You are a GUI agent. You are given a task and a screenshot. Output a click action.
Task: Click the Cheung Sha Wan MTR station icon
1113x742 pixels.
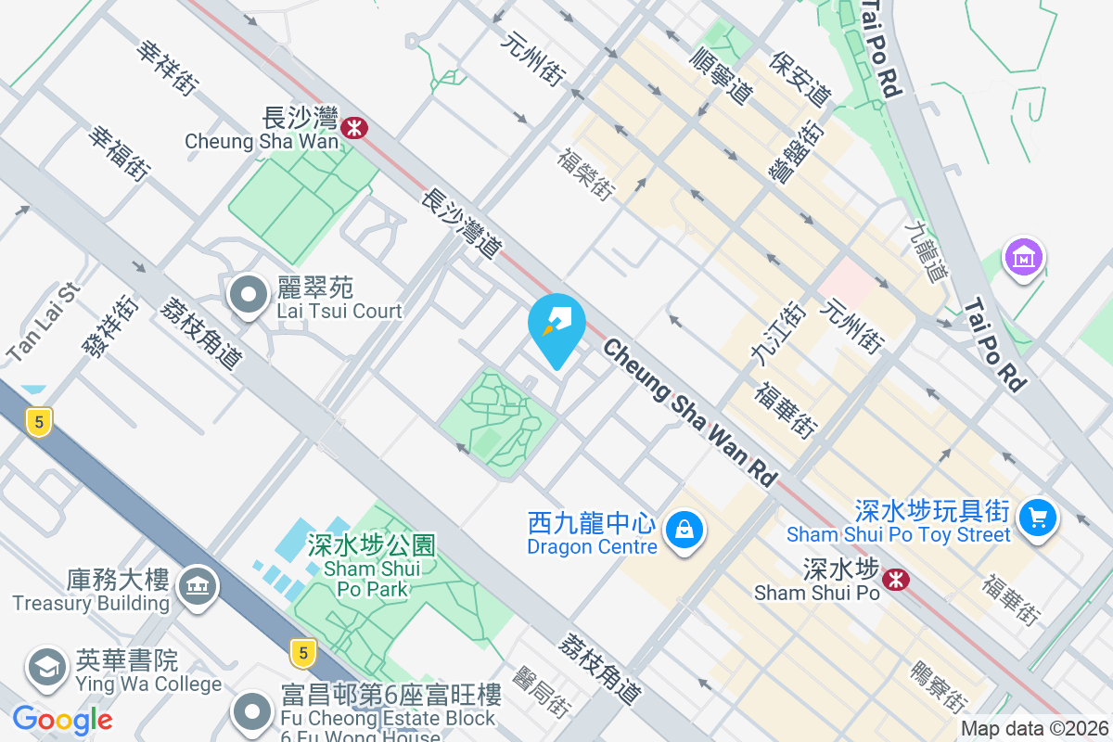tap(352, 127)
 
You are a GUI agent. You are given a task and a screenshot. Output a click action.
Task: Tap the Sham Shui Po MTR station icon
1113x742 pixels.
tap(895, 580)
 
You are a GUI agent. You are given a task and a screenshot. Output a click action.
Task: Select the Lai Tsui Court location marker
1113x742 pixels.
tap(248, 297)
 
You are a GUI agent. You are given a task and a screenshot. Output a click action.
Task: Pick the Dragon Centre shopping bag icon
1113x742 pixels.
tap(684, 531)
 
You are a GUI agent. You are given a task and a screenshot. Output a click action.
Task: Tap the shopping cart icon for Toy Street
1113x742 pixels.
tap(1037, 517)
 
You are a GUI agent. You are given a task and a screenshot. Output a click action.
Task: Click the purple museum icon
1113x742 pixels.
tap(1024, 258)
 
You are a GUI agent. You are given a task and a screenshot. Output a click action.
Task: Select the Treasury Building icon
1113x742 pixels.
tap(197, 587)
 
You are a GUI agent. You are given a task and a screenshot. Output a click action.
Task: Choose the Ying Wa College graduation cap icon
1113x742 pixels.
tap(46, 669)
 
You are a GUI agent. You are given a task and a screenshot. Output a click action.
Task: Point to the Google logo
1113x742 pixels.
tap(63, 719)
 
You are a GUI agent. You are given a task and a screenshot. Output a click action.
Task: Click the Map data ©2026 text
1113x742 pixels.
tap(1034, 729)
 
